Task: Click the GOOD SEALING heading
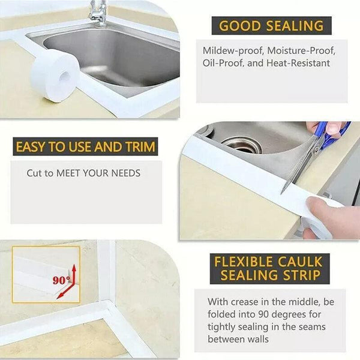click(x=271, y=26)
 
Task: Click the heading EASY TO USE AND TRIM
click(x=85, y=147)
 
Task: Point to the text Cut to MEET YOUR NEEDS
click(x=83, y=173)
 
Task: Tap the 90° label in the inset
click(x=61, y=280)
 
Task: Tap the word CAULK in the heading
click(x=302, y=262)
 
